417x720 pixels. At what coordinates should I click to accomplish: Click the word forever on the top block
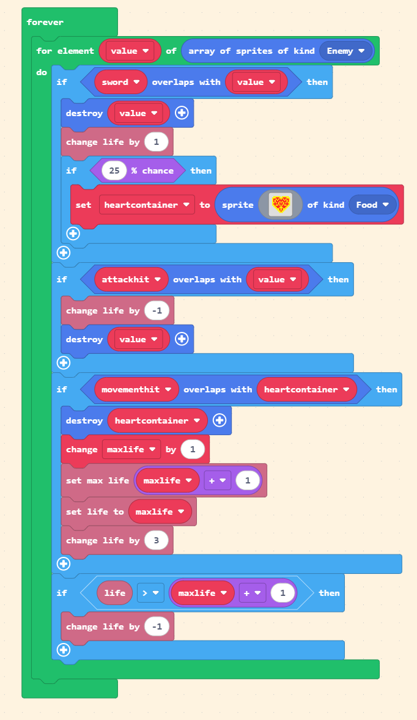coord(45,23)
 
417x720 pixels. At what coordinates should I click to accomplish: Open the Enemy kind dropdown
coord(346,51)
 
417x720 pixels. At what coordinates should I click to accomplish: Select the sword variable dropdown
coord(120,82)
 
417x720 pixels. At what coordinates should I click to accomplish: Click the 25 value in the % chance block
coord(114,171)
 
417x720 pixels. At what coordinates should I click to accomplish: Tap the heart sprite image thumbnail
coord(281,205)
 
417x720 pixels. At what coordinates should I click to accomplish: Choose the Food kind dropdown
coord(372,205)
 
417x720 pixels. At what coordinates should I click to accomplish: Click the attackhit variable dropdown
coord(131,279)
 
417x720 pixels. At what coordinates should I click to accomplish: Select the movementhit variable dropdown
coord(136,389)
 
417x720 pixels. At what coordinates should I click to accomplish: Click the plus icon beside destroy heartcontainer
coord(220,421)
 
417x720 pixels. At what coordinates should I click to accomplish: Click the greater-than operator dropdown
coord(150,593)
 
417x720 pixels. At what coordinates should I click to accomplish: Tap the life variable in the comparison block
coord(115,593)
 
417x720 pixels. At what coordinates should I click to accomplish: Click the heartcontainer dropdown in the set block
coord(147,205)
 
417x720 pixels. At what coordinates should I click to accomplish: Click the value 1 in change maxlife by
coord(193,449)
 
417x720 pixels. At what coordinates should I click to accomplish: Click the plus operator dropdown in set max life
coord(217,480)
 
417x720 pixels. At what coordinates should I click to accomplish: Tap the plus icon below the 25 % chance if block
coord(73,233)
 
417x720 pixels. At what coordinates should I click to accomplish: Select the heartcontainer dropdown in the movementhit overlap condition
coord(306,389)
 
